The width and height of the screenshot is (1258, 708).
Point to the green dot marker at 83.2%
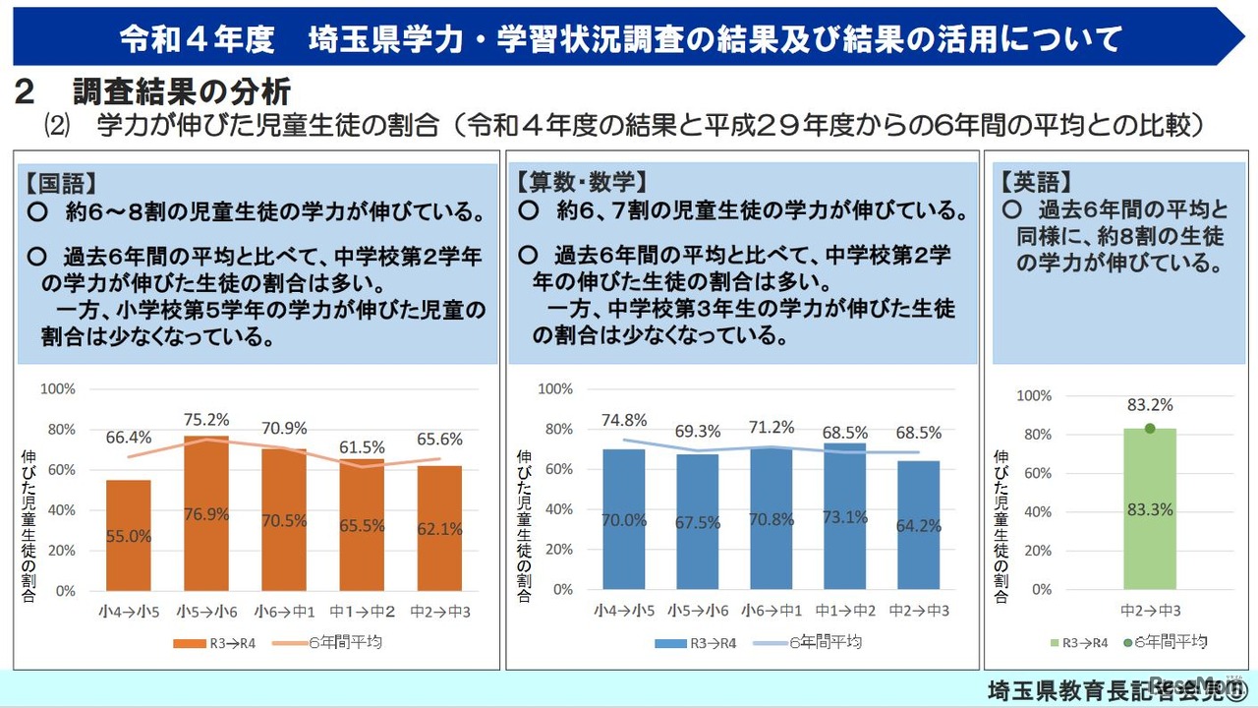tap(1150, 428)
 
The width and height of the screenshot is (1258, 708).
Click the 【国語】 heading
tap(61, 184)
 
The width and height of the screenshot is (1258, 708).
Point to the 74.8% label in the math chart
tap(623, 420)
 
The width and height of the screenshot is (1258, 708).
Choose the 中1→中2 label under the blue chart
tap(845, 611)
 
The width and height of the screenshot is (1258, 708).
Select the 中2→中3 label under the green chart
tap(1150, 611)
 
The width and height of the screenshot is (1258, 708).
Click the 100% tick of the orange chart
tap(57, 388)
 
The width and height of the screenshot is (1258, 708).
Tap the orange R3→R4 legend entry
tap(205, 643)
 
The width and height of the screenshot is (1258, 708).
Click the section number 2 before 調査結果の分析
tap(27, 92)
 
